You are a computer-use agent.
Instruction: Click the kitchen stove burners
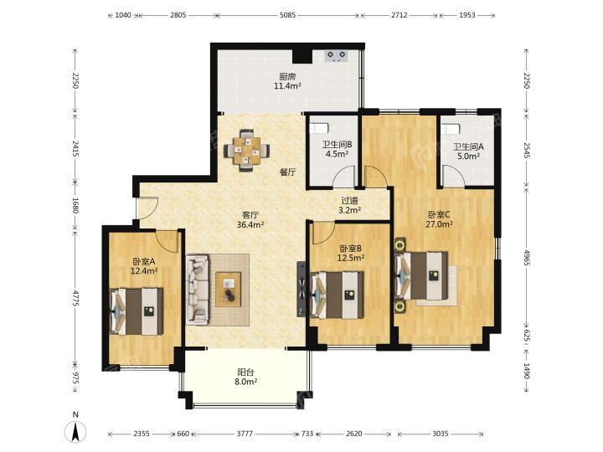coord(337,56)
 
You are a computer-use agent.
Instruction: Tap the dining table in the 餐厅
coord(246,151)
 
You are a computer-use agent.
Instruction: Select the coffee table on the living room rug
coord(229,289)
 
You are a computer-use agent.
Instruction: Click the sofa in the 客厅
coord(198,289)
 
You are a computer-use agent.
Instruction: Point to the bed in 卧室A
coord(137,311)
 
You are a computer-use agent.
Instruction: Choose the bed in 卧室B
coord(338,295)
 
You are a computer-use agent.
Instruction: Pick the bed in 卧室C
coord(422,275)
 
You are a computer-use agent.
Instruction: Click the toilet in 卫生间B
coord(319,127)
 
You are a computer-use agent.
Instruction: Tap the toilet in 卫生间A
coord(451,128)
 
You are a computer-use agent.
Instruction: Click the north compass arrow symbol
coord(75,431)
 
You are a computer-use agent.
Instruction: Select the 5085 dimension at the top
coord(287,15)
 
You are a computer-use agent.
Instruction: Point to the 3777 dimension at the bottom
coord(245,434)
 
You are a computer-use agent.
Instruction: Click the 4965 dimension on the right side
coord(527,257)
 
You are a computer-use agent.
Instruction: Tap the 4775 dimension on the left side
coord(75,298)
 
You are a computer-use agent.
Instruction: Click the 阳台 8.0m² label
coord(246,377)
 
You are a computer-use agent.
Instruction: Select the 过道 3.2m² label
coord(349,205)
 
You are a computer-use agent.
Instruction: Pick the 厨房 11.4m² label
coord(287,81)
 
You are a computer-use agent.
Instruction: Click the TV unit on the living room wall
coord(301,289)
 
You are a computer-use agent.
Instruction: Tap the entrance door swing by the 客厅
coord(147,208)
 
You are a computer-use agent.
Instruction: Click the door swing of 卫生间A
coord(454,176)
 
